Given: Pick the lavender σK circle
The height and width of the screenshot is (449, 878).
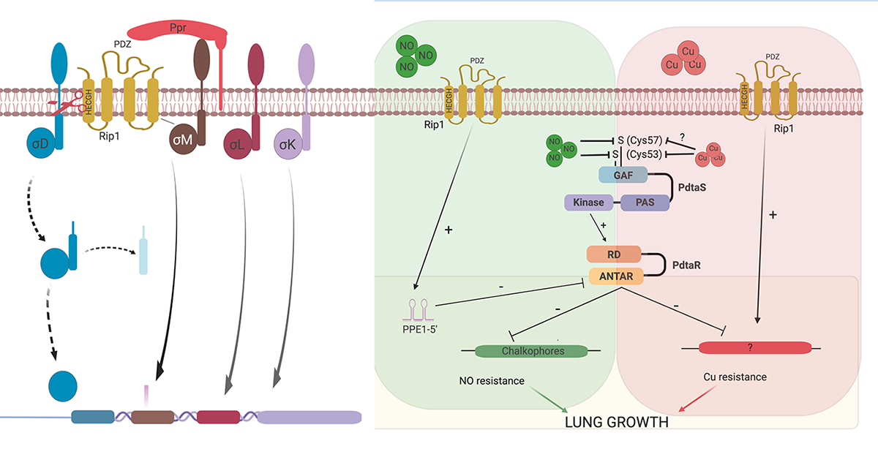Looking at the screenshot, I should click(288, 143).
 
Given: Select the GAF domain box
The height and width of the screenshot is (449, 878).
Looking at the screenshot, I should click(622, 176).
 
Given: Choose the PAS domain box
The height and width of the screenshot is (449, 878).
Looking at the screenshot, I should click(645, 203).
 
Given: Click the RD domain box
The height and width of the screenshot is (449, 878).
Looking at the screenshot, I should click(614, 254).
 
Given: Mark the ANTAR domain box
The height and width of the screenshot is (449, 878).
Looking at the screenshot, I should click(615, 276).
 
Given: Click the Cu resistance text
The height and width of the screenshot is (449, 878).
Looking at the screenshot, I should click(735, 377).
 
